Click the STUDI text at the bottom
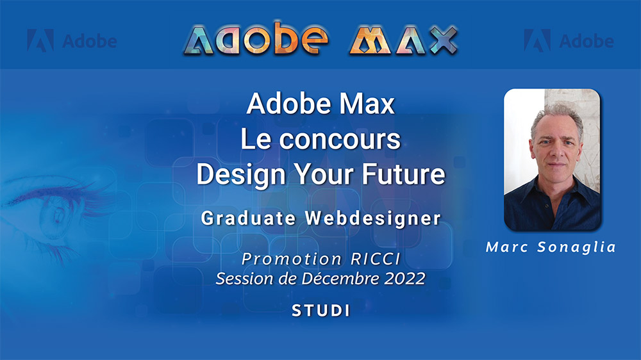pos(320,311)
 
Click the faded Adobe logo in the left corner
pos(72,42)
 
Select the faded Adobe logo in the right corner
pos(569,42)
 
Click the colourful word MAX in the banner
pos(403,40)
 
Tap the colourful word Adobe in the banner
pos(256,40)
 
